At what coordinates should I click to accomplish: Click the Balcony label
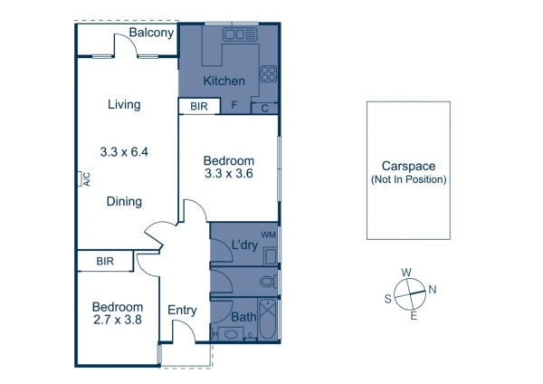point(151,33)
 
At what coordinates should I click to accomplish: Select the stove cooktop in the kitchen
point(269,74)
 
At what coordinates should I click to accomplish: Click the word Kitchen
point(224,82)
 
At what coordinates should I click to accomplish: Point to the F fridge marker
point(234,106)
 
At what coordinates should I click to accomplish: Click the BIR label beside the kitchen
point(199,107)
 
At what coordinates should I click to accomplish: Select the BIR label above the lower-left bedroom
point(105,262)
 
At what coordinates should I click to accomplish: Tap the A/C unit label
point(86,179)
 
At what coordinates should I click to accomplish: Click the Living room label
point(124,104)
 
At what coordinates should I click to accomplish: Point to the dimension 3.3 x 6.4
point(124,152)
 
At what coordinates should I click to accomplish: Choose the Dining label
point(124,201)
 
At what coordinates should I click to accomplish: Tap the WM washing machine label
point(267,235)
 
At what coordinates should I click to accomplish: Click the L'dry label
point(243,245)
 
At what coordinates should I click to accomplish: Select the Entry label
point(183,311)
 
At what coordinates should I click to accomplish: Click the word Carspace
point(408,167)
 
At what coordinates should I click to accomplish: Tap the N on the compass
point(433,290)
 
